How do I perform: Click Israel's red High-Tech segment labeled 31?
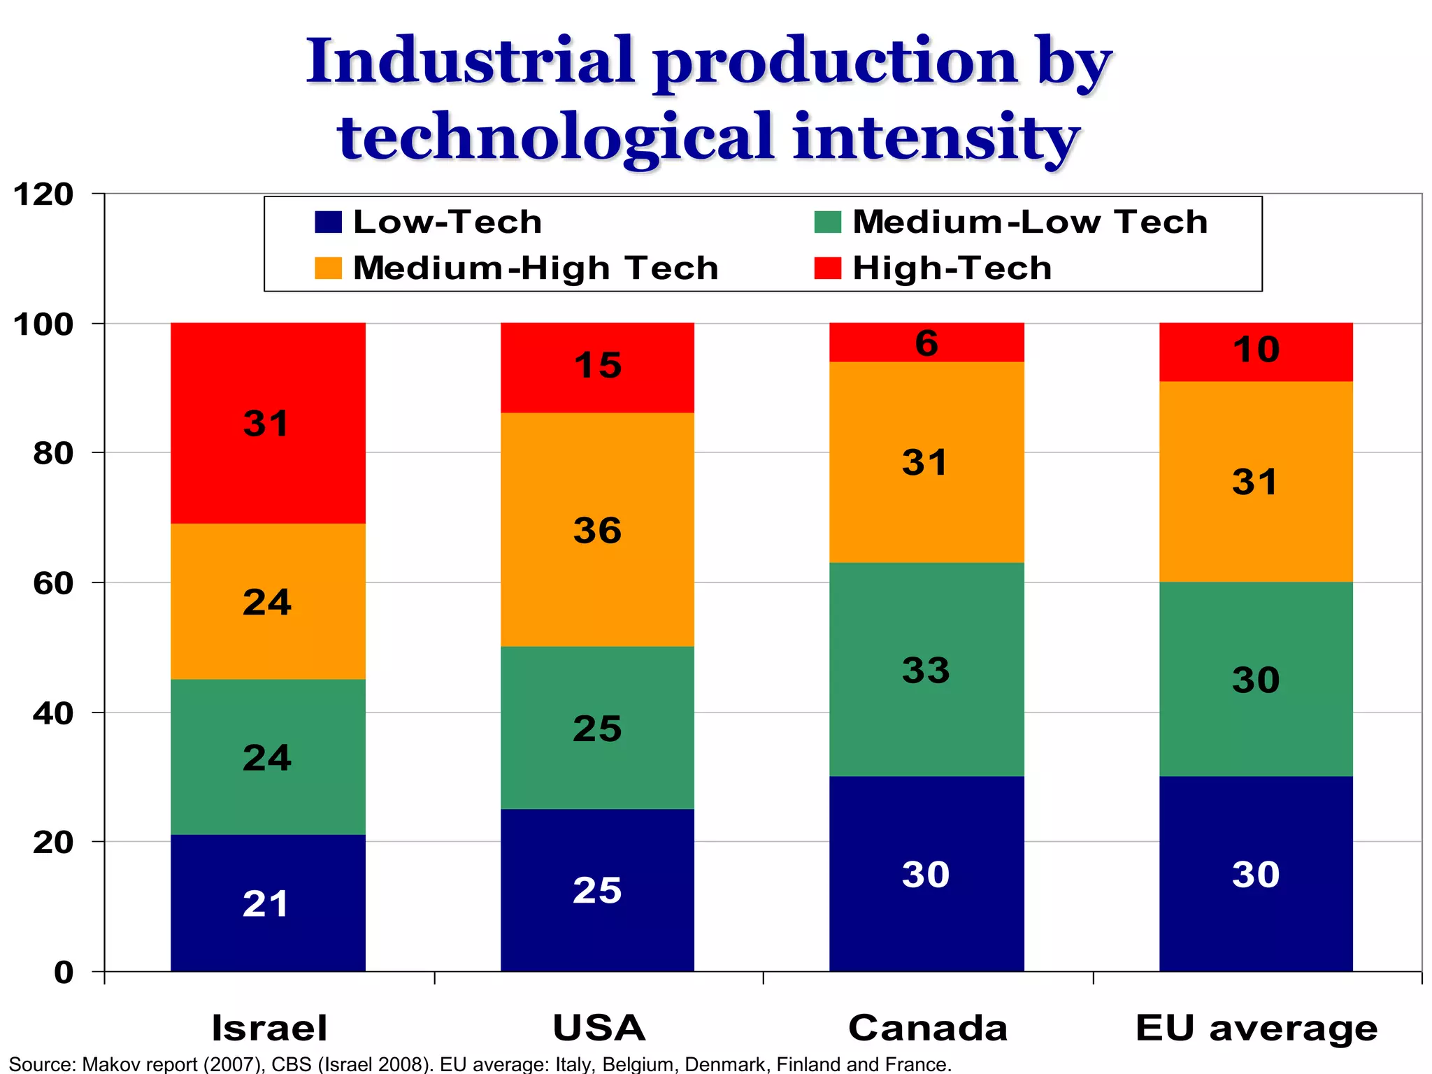[x=268, y=423]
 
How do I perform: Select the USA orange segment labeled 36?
[x=597, y=529]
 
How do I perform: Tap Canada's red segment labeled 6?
[x=926, y=343]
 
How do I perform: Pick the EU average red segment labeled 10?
[x=1256, y=352]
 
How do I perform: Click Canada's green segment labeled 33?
[x=926, y=669]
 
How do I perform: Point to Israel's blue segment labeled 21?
[x=268, y=903]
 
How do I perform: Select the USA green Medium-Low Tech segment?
[x=597, y=727]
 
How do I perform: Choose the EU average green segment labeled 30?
[x=1256, y=679]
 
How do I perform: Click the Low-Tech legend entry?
[x=428, y=222]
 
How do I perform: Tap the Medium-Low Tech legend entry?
[x=1011, y=222]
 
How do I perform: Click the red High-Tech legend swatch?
[x=827, y=268]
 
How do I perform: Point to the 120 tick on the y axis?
[x=43, y=194]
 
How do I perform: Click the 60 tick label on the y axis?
[x=53, y=583]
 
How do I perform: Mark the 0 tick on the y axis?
[x=63, y=972]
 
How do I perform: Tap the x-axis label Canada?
[x=927, y=1028]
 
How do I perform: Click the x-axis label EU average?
[x=1256, y=1028]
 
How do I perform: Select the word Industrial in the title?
[x=470, y=62]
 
